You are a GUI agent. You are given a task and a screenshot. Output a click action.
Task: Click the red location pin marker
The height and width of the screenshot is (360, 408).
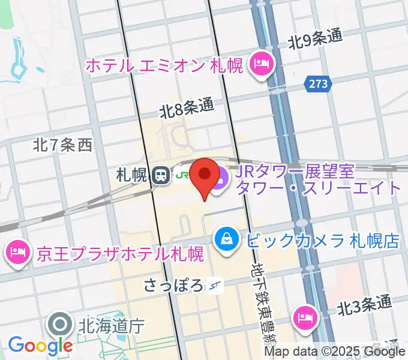coord(206,176)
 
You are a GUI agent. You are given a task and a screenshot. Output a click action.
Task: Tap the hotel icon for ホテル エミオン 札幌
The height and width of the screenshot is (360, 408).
coord(262,64)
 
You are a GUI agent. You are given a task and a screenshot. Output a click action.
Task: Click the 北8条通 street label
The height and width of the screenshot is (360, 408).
coord(187,108)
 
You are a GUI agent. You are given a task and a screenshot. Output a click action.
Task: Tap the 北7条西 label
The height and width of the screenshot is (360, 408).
coord(62,145)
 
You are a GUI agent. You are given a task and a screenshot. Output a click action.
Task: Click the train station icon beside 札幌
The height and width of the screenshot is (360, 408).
coord(160,175)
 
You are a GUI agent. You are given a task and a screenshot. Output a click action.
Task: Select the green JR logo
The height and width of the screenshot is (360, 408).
coord(181,176)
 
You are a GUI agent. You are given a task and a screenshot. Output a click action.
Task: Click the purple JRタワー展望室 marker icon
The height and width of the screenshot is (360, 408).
coord(219,178)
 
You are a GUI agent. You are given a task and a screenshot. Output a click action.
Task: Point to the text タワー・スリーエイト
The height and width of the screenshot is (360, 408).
coord(319,188)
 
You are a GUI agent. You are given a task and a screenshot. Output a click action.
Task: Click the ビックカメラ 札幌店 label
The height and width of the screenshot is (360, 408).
coord(322,241)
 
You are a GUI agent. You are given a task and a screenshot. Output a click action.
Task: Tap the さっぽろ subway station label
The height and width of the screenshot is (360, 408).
coord(173,285)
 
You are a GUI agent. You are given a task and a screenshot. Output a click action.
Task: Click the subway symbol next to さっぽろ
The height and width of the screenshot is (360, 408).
coord(215,286)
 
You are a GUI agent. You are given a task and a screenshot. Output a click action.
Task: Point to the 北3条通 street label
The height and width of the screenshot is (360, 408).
coord(364,306)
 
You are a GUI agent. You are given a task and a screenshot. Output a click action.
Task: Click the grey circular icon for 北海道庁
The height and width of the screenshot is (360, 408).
coord(61,326)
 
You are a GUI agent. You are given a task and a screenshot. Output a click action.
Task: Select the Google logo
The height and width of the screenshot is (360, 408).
coord(40,344)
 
